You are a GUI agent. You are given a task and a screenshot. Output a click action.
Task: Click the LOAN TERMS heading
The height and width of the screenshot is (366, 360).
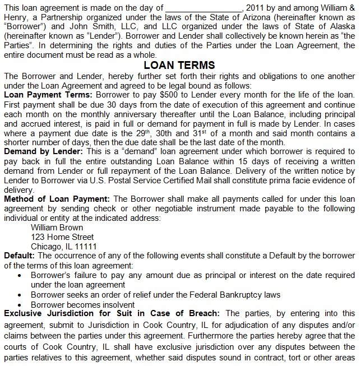[x=179, y=65]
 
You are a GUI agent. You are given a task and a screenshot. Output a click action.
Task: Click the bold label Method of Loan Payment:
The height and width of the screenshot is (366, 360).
[x=56, y=199]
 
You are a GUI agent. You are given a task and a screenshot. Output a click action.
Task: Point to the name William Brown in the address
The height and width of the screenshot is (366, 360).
[x=57, y=228]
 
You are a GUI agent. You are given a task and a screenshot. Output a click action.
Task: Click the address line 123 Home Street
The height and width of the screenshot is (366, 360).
[x=62, y=237]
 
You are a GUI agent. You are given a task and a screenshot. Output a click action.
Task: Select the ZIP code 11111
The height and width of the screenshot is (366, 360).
[x=86, y=247]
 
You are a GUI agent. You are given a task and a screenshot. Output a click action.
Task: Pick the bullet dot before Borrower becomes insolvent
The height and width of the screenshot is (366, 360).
[x=20, y=304]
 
